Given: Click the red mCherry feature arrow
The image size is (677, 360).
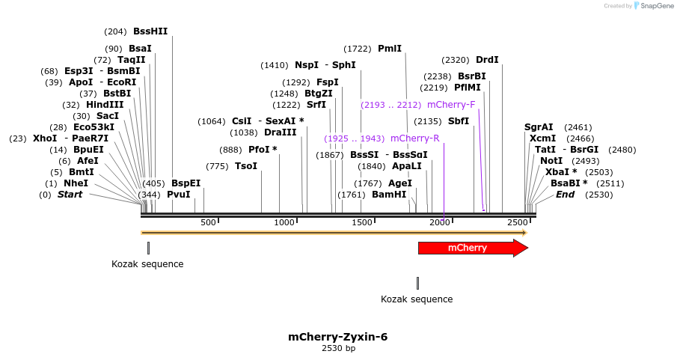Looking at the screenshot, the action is coord(474,248).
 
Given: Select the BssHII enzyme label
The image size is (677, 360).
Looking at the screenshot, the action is coord(150,31).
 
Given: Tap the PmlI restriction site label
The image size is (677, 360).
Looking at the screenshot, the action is coord(390,49).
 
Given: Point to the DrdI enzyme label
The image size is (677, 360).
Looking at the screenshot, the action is coord(487,60).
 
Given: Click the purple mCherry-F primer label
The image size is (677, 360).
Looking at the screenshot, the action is coord(451,105).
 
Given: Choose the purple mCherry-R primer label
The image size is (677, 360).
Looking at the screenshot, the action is coord(415,138).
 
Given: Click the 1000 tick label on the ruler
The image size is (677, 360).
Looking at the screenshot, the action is coord(284,222).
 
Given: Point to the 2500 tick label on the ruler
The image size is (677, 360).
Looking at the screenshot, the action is coord(518,222).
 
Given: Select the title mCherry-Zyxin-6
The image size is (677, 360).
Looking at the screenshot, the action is coord(338,337).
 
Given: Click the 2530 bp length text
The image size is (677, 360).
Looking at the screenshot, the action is coord(338,348).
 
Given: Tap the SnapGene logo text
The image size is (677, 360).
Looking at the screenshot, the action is coord(657,6).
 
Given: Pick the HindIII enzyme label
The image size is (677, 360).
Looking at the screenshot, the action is coord(105,105).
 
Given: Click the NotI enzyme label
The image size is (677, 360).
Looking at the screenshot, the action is coord(551,161).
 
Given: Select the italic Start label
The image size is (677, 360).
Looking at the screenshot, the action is coord(70,195).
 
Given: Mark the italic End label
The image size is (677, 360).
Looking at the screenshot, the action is coord(566,195).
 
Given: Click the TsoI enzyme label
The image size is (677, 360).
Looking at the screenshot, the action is coord(246,166).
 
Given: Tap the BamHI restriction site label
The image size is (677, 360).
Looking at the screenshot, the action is coord(389,195).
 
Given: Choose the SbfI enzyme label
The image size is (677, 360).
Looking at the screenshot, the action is coord(459,121).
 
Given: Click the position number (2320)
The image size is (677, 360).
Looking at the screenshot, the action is coord(455,60).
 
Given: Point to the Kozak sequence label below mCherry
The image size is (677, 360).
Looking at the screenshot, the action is coord(417,299).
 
